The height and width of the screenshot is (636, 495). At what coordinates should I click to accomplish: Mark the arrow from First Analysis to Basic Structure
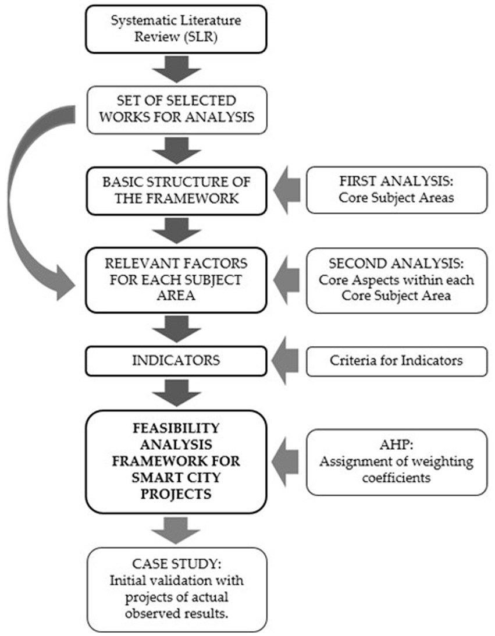click(286, 190)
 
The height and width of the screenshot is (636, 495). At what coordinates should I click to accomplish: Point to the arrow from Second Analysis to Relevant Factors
click(286, 280)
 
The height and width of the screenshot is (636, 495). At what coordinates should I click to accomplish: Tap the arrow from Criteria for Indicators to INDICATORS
click(286, 360)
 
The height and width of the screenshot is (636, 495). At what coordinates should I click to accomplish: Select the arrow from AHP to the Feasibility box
click(286, 462)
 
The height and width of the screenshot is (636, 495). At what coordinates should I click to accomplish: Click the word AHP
click(396, 447)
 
